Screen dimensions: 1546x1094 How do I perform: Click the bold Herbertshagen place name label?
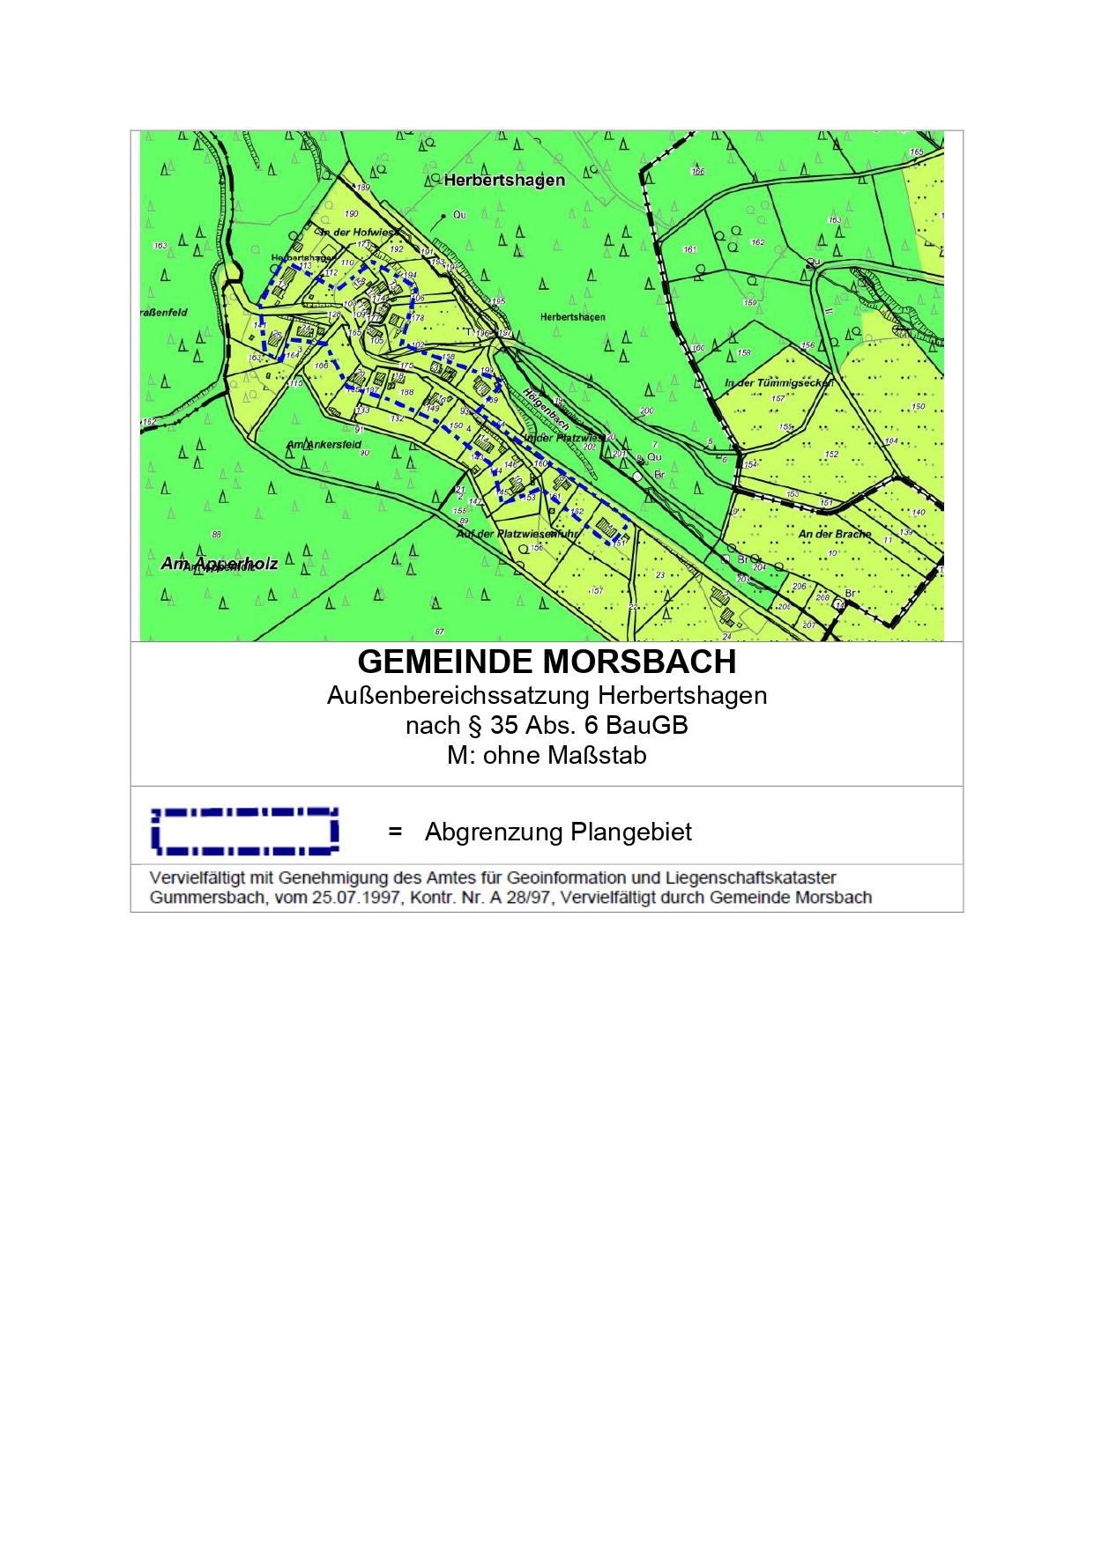[504, 180]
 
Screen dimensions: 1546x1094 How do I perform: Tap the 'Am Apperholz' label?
[220, 563]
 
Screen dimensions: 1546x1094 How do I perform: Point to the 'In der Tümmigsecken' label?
[778, 383]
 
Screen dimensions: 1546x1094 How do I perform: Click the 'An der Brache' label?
[834, 534]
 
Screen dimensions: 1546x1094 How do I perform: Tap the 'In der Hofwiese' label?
[354, 232]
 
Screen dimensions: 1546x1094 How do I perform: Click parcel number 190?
[352, 214]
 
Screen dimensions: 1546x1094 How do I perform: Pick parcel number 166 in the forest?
[698, 172]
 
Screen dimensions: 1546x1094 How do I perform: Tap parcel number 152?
[831, 455]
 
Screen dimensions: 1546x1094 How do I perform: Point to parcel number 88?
[217, 535]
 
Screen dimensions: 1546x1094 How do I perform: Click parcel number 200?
[647, 411]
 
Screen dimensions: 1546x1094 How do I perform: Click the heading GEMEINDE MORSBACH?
[547, 662]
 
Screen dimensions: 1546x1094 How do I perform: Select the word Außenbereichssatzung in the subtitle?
[458, 695]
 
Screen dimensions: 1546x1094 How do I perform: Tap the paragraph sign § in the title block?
[478, 726]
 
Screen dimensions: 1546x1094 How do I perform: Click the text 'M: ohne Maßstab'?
[547, 756]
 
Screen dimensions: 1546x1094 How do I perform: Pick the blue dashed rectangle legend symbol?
[245, 831]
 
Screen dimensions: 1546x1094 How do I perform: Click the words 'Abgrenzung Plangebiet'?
[558, 832]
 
